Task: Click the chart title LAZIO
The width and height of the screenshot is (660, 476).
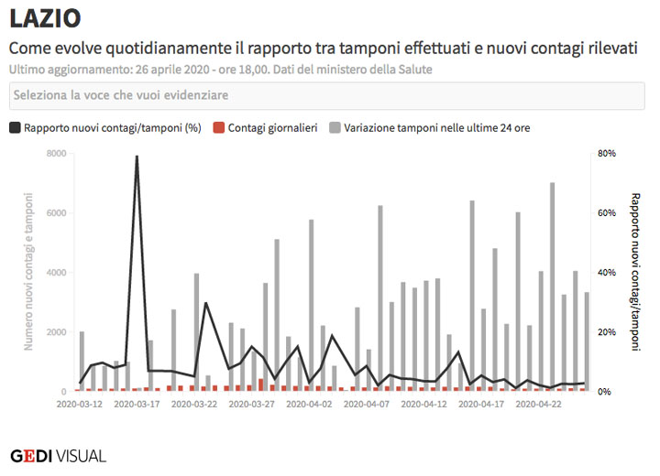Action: point(45,17)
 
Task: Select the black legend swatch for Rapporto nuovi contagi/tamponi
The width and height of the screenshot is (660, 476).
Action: point(15,128)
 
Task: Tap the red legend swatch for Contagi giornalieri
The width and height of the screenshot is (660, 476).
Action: point(218,128)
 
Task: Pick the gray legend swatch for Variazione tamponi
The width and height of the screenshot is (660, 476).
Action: point(335,128)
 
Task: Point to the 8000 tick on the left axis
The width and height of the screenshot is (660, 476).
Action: point(55,154)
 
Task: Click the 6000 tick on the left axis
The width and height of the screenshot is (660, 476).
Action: point(55,213)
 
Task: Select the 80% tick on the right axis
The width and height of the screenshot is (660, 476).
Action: point(607,154)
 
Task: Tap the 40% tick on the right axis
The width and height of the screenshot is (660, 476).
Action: point(607,273)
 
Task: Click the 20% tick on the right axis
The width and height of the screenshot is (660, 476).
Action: point(607,332)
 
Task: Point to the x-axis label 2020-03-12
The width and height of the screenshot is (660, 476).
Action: point(80,403)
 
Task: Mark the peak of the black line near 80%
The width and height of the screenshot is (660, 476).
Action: point(137,157)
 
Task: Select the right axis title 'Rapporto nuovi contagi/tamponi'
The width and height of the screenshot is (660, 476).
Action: point(635,272)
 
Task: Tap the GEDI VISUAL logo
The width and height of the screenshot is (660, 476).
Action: point(58,455)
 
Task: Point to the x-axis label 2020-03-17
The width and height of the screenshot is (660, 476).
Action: point(137,403)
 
